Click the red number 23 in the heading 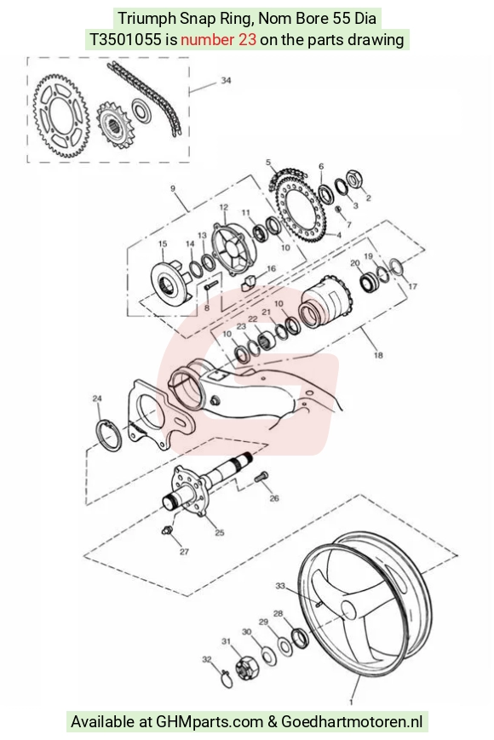248,40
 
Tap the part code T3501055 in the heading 125,40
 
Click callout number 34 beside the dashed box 226,80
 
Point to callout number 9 173,188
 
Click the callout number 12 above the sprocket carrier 224,207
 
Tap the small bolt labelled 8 210,286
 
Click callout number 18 378,355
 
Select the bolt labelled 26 261,477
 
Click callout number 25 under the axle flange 220,533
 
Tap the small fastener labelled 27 166,531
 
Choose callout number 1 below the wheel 351,702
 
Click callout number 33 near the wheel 280,586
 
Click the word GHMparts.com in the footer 210,721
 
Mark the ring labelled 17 395,267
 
